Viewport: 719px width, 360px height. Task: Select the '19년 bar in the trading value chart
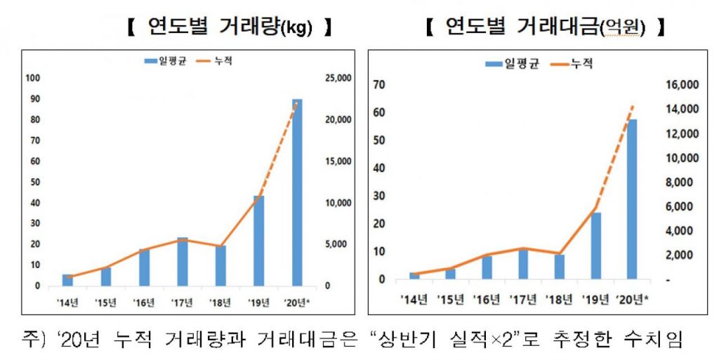595,246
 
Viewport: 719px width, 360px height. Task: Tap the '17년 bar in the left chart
183,262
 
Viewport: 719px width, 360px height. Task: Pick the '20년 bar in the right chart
632,199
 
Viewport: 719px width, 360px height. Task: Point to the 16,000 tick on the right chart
680,85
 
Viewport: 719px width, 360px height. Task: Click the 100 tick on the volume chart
32,78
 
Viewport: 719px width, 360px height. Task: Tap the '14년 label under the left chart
67,302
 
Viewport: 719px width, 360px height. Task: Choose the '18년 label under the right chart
558,300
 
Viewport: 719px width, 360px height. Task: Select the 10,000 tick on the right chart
680,158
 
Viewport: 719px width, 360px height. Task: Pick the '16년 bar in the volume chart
144,267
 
